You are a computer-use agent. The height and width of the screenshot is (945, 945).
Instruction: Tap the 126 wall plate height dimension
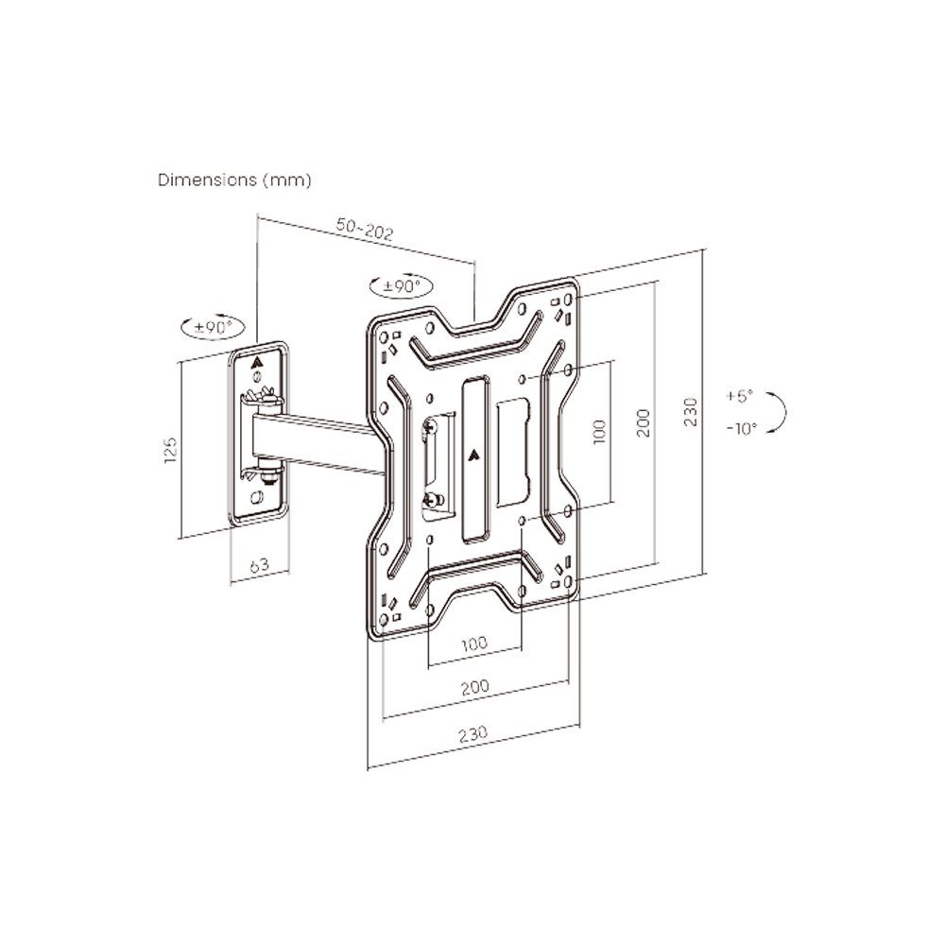click(x=171, y=448)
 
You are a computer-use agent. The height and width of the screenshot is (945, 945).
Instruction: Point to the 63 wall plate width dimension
click(x=259, y=565)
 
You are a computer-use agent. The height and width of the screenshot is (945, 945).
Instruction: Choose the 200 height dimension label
click(x=643, y=422)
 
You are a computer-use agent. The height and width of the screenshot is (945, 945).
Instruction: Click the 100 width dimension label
click(x=474, y=644)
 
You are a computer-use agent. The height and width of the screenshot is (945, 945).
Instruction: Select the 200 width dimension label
click(x=474, y=687)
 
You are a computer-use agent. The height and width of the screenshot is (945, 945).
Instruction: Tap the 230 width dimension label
click(x=472, y=733)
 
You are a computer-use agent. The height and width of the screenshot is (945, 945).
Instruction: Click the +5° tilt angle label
click(x=741, y=396)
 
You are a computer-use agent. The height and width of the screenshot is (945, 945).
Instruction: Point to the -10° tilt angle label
click(x=742, y=428)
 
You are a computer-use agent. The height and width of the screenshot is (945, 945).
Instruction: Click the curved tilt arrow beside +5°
click(x=779, y=413)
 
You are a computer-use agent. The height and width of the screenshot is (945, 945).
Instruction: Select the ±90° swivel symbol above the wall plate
click(x=213, y=327)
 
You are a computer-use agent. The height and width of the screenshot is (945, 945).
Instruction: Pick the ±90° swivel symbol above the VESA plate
click(x=401, y=285)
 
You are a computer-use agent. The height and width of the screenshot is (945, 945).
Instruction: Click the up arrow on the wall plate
click(x=257, y=359)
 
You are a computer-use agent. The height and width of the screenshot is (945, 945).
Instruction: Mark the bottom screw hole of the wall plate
click(x=256, y=498)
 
